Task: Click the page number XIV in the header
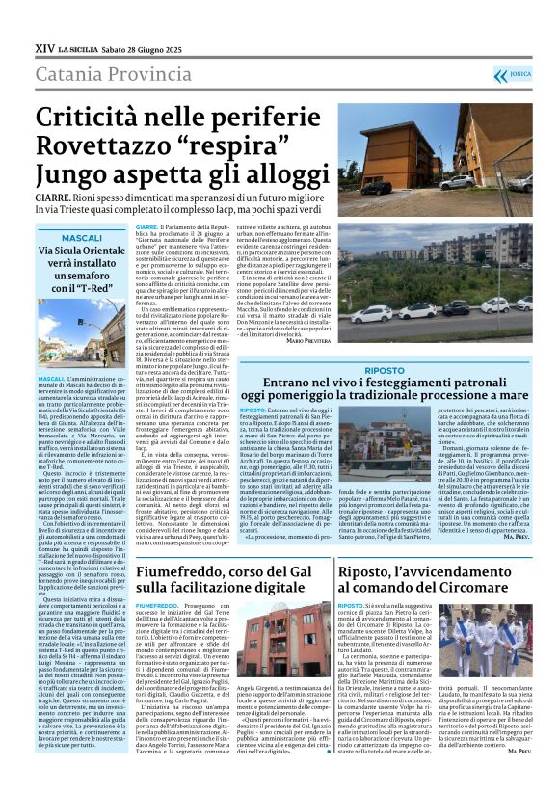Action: pos(44,47)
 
